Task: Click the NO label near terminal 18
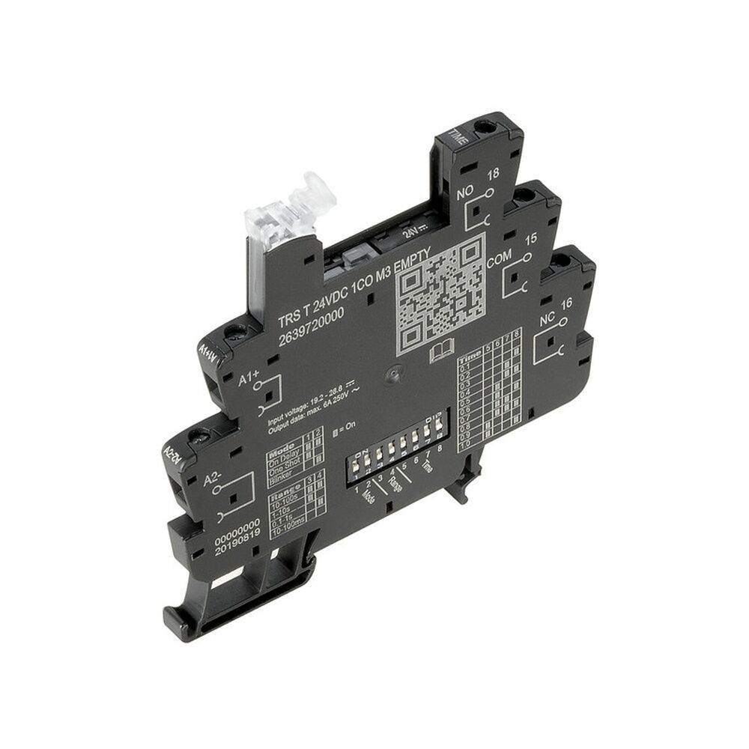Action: [x=464, y=196]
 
